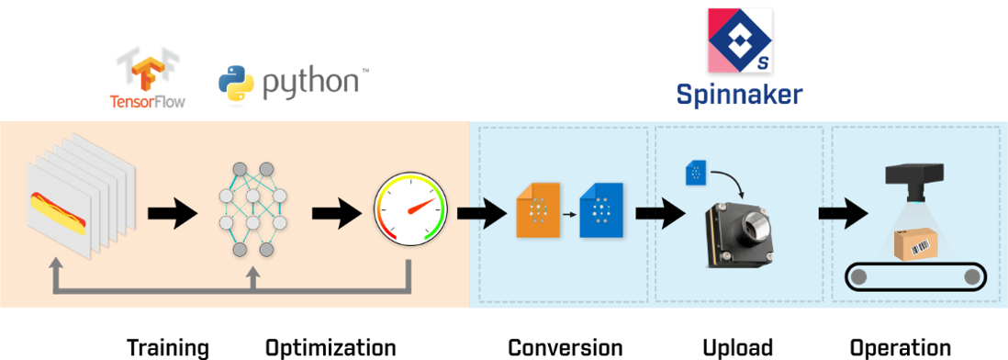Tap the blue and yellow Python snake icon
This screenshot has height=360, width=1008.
pyautogui.click(x=237, y=82)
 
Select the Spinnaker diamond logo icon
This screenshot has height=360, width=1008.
pyautogui.click(x=740, y=39)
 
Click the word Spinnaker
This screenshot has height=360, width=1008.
pyautogui.click(x=739, y=95)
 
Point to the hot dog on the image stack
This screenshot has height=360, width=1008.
pyautogui.click(x=58, y=213)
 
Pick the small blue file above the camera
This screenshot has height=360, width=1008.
pyautogui.click(x=696, y=174)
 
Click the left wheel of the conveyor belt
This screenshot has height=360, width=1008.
pyautogui.click(x=859, y=277)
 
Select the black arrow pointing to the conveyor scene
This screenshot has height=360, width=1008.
pyautogui.click(x=842, y=214)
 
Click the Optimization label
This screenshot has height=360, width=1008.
pyautogui.click(x=331, y=348)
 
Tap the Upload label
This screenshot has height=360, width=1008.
pyautogui.click(x=736, y=348)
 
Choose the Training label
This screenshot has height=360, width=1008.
pyautogui.click(x=168, y=348)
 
